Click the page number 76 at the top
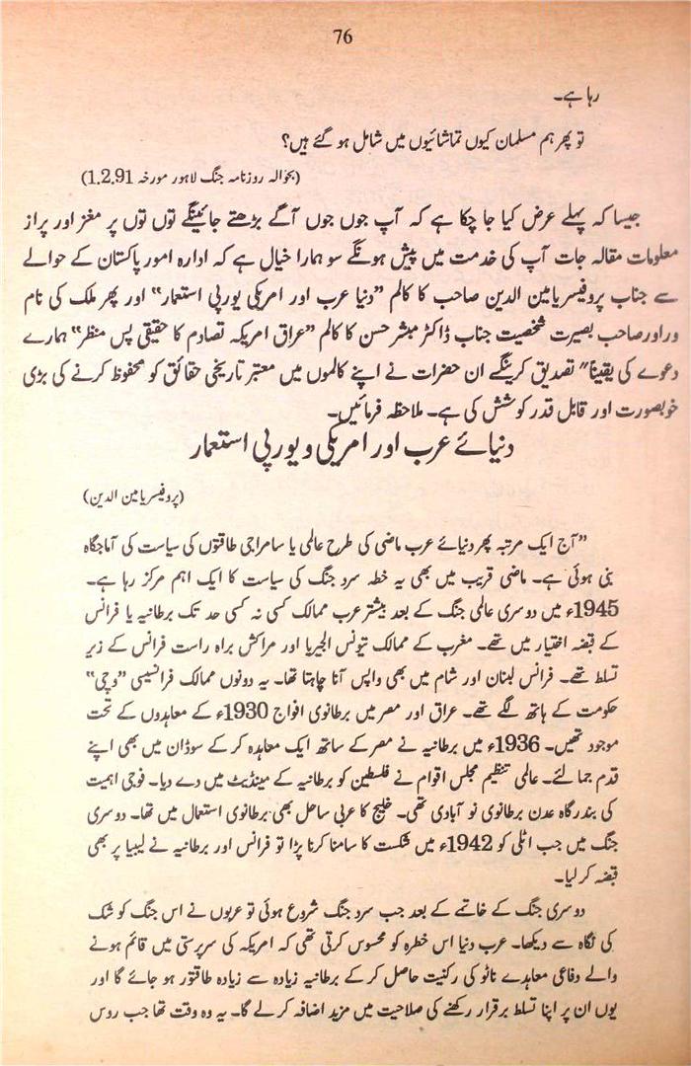343,38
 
